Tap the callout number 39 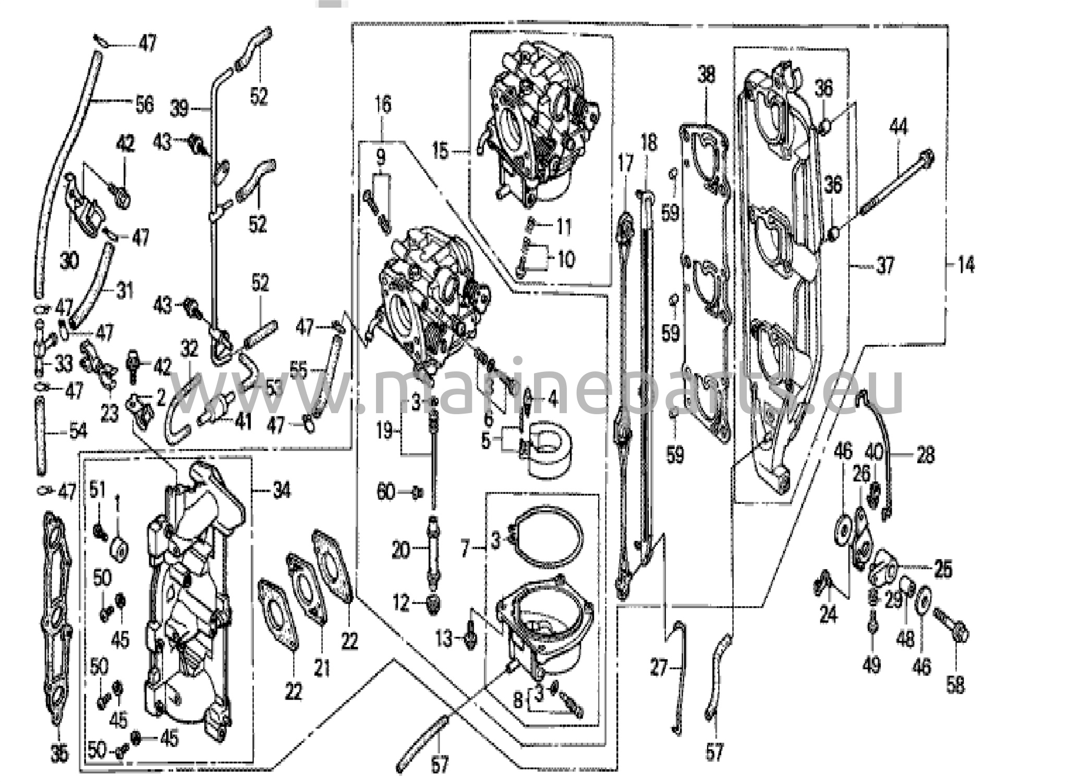(x=179, y=109)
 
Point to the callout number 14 (x=965, y=265)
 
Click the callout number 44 (x=898, y=127)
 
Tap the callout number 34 (x=281, y=490)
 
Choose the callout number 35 (x=59, y=752)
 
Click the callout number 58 (x=955, y=685)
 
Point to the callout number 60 (x=386, y=491)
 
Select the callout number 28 (x=925, y=455)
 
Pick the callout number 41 (x=242, y=421)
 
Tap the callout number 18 (x=649, y=143)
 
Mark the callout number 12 (x=401, y=604)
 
